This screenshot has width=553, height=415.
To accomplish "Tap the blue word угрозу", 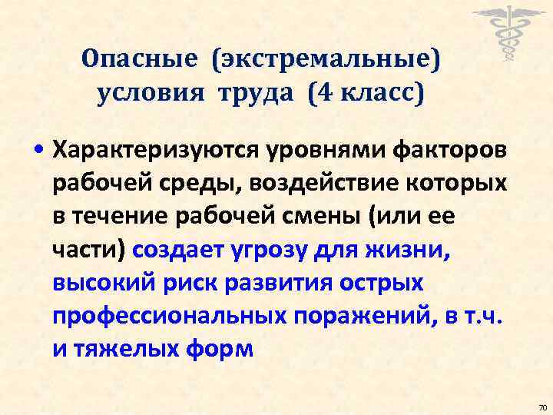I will pyautogui.click(x=273, y=251).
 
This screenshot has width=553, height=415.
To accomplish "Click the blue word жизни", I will pyautogui.click(x=412, y=251).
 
